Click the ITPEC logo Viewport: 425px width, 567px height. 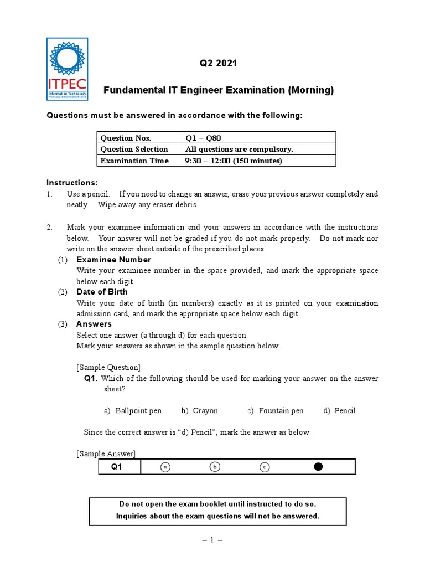67,69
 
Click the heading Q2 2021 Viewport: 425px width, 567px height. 218,63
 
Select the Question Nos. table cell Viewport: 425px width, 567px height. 126,138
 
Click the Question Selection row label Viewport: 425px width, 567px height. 134,149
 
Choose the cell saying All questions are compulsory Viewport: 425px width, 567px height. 239,149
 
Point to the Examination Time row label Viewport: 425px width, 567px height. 134,161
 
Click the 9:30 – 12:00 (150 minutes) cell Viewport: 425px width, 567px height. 234,161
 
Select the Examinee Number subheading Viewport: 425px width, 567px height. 113,260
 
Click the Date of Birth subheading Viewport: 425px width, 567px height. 102,292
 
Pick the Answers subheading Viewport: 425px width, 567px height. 94,324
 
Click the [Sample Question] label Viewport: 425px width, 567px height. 108,367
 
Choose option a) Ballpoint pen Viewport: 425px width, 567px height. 133,410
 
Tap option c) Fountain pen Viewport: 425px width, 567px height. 276,410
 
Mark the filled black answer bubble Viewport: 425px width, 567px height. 318,467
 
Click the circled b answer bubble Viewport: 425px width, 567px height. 215,467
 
